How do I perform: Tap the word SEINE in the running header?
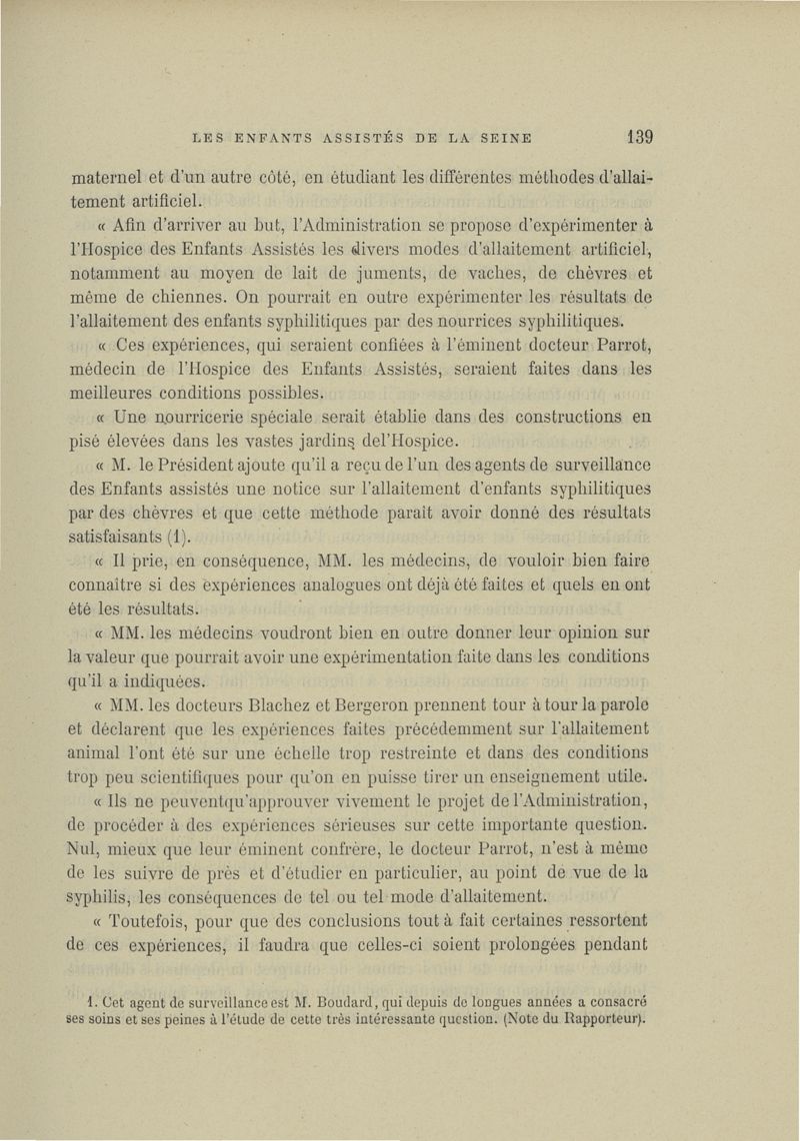(x=499, y=137)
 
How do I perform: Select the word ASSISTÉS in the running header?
(x=351, y=137)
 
